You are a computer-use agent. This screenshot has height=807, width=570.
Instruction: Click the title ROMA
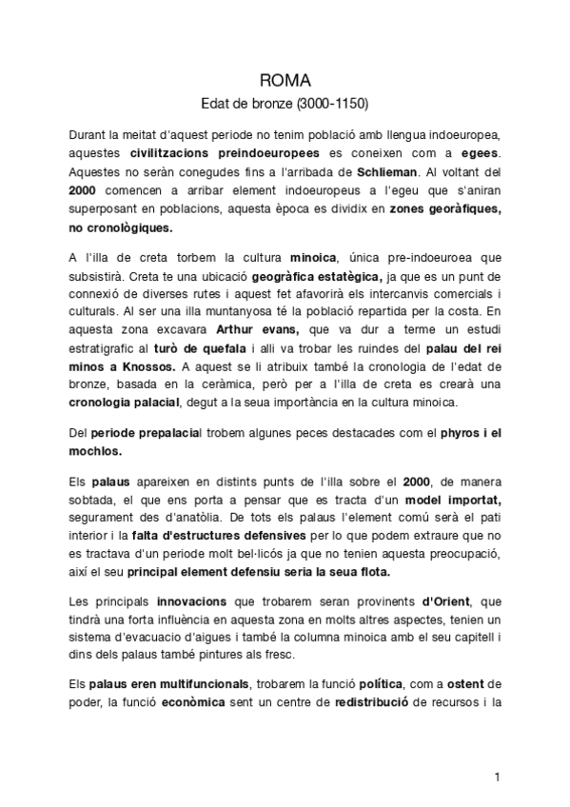coord(285,81)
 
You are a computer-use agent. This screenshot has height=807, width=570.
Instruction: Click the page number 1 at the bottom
coord(497,777)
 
